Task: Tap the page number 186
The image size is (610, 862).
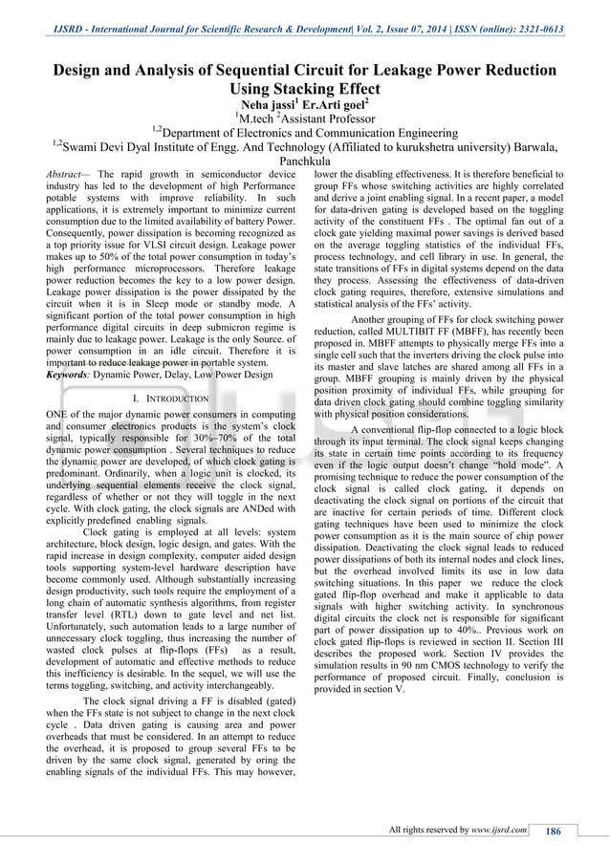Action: click(x=552, y=830)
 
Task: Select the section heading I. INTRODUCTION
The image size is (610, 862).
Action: click(x=171, y=399)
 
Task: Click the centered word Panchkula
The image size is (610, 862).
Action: click(x=305, y=162)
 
